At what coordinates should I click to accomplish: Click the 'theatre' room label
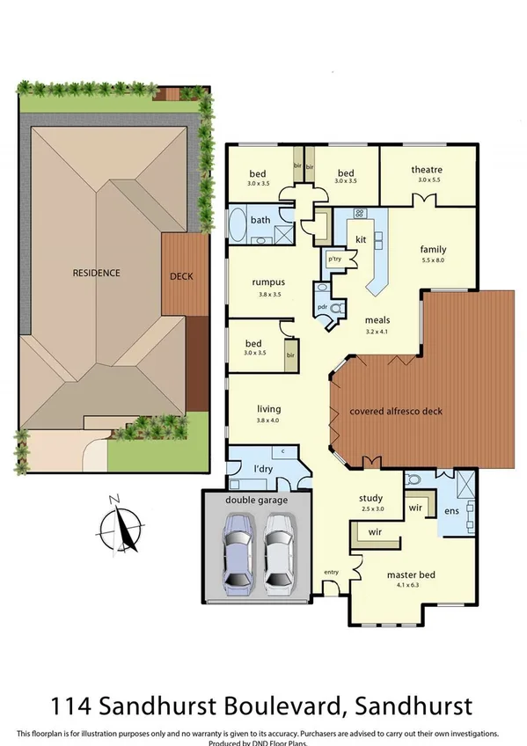(426, 170)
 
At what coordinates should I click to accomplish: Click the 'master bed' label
(406, 577)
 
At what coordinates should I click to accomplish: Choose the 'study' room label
(373, 498)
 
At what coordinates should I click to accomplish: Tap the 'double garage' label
(257, 501)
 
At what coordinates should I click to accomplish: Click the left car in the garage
(239, 552)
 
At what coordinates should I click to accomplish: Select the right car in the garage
(280, 552)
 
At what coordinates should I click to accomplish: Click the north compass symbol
(120, 529)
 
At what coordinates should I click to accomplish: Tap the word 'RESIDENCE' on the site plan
(96, 273)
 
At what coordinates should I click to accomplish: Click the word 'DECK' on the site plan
(181, 276)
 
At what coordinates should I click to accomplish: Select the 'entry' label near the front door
(331, 573)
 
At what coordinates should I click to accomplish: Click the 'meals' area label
(377, 321)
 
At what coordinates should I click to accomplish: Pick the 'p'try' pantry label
(334, 260)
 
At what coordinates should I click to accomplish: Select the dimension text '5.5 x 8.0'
(434, 261)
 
